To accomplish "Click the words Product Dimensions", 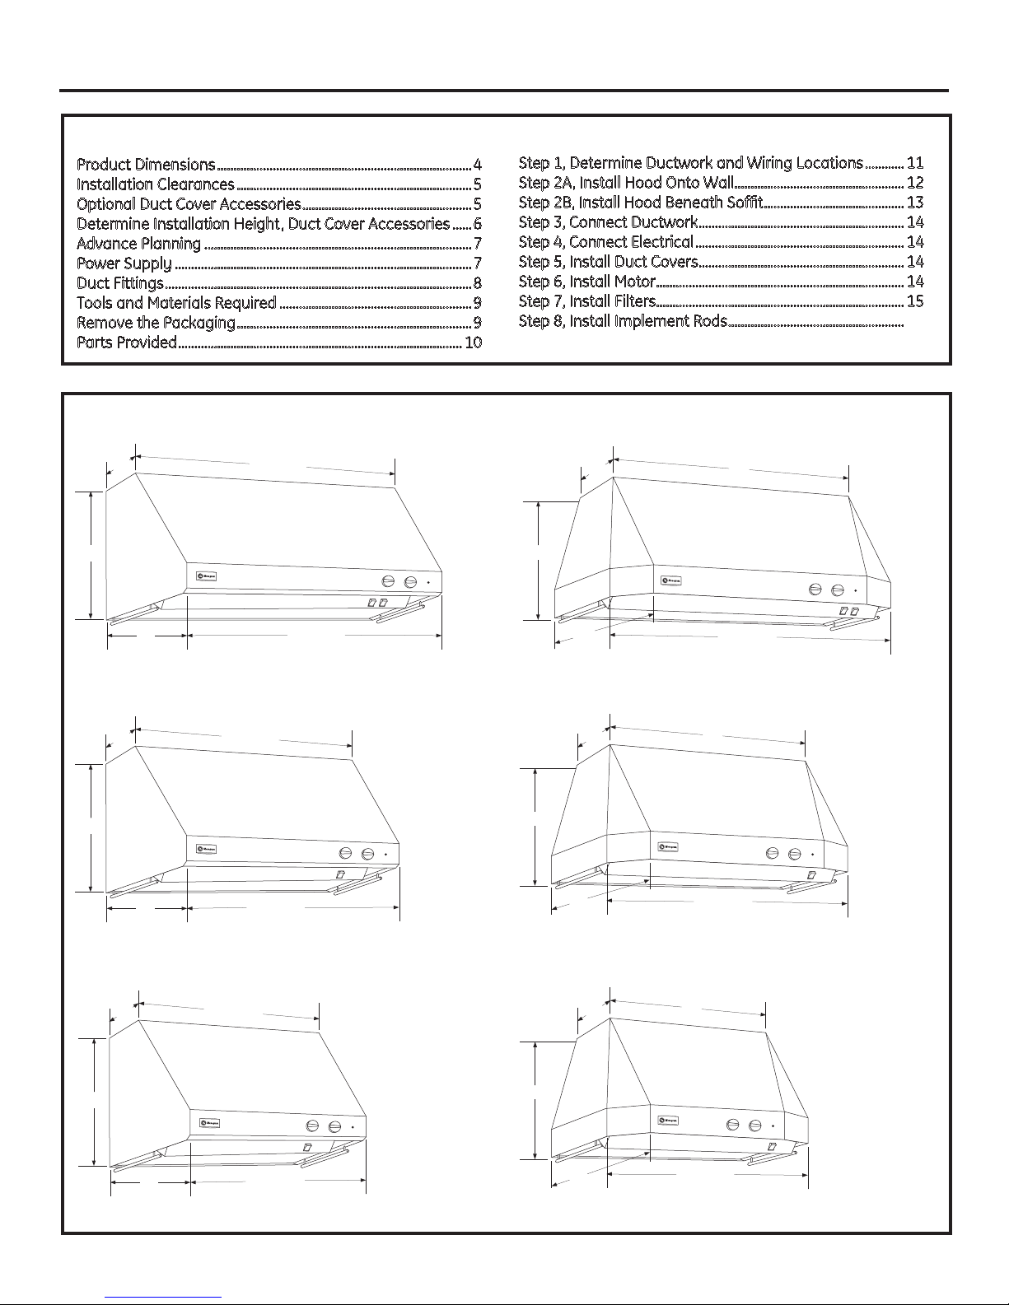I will [x=146, y=165].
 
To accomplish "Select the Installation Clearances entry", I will [x=156, y=184].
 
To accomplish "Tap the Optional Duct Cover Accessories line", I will [x=189, y=204].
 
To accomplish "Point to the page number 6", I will [x=477, y=224].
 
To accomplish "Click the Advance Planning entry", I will [x=138, y=244].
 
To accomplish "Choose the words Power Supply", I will [x=124, y=263].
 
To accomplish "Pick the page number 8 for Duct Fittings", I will [x=477, y=283].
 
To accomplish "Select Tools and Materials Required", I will [x=176, y=303].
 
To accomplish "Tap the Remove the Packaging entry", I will [x=156, y=323].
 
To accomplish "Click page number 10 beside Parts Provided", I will [x=473, y=343].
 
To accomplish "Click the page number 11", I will [x=914, y=163].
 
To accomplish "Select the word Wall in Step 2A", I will [x=714, y=183].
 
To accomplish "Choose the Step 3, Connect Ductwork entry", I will [x=608, y=222].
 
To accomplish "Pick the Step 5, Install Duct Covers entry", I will [x=608, y=262].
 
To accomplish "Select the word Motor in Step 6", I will [x=634, y=282].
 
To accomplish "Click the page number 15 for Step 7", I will [x=914, y=301].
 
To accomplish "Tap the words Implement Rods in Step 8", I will [x=670, y=321].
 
